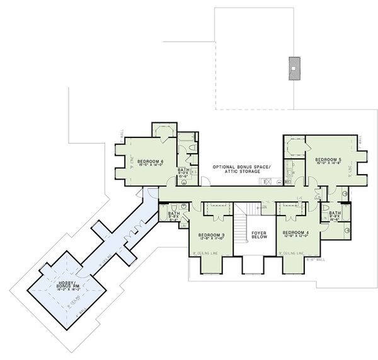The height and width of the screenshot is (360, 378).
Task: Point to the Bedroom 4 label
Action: tap(298, 234)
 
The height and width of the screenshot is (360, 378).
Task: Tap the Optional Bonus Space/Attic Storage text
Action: tap(241, 169)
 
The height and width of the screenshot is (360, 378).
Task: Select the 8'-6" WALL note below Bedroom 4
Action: tap(315, 259)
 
